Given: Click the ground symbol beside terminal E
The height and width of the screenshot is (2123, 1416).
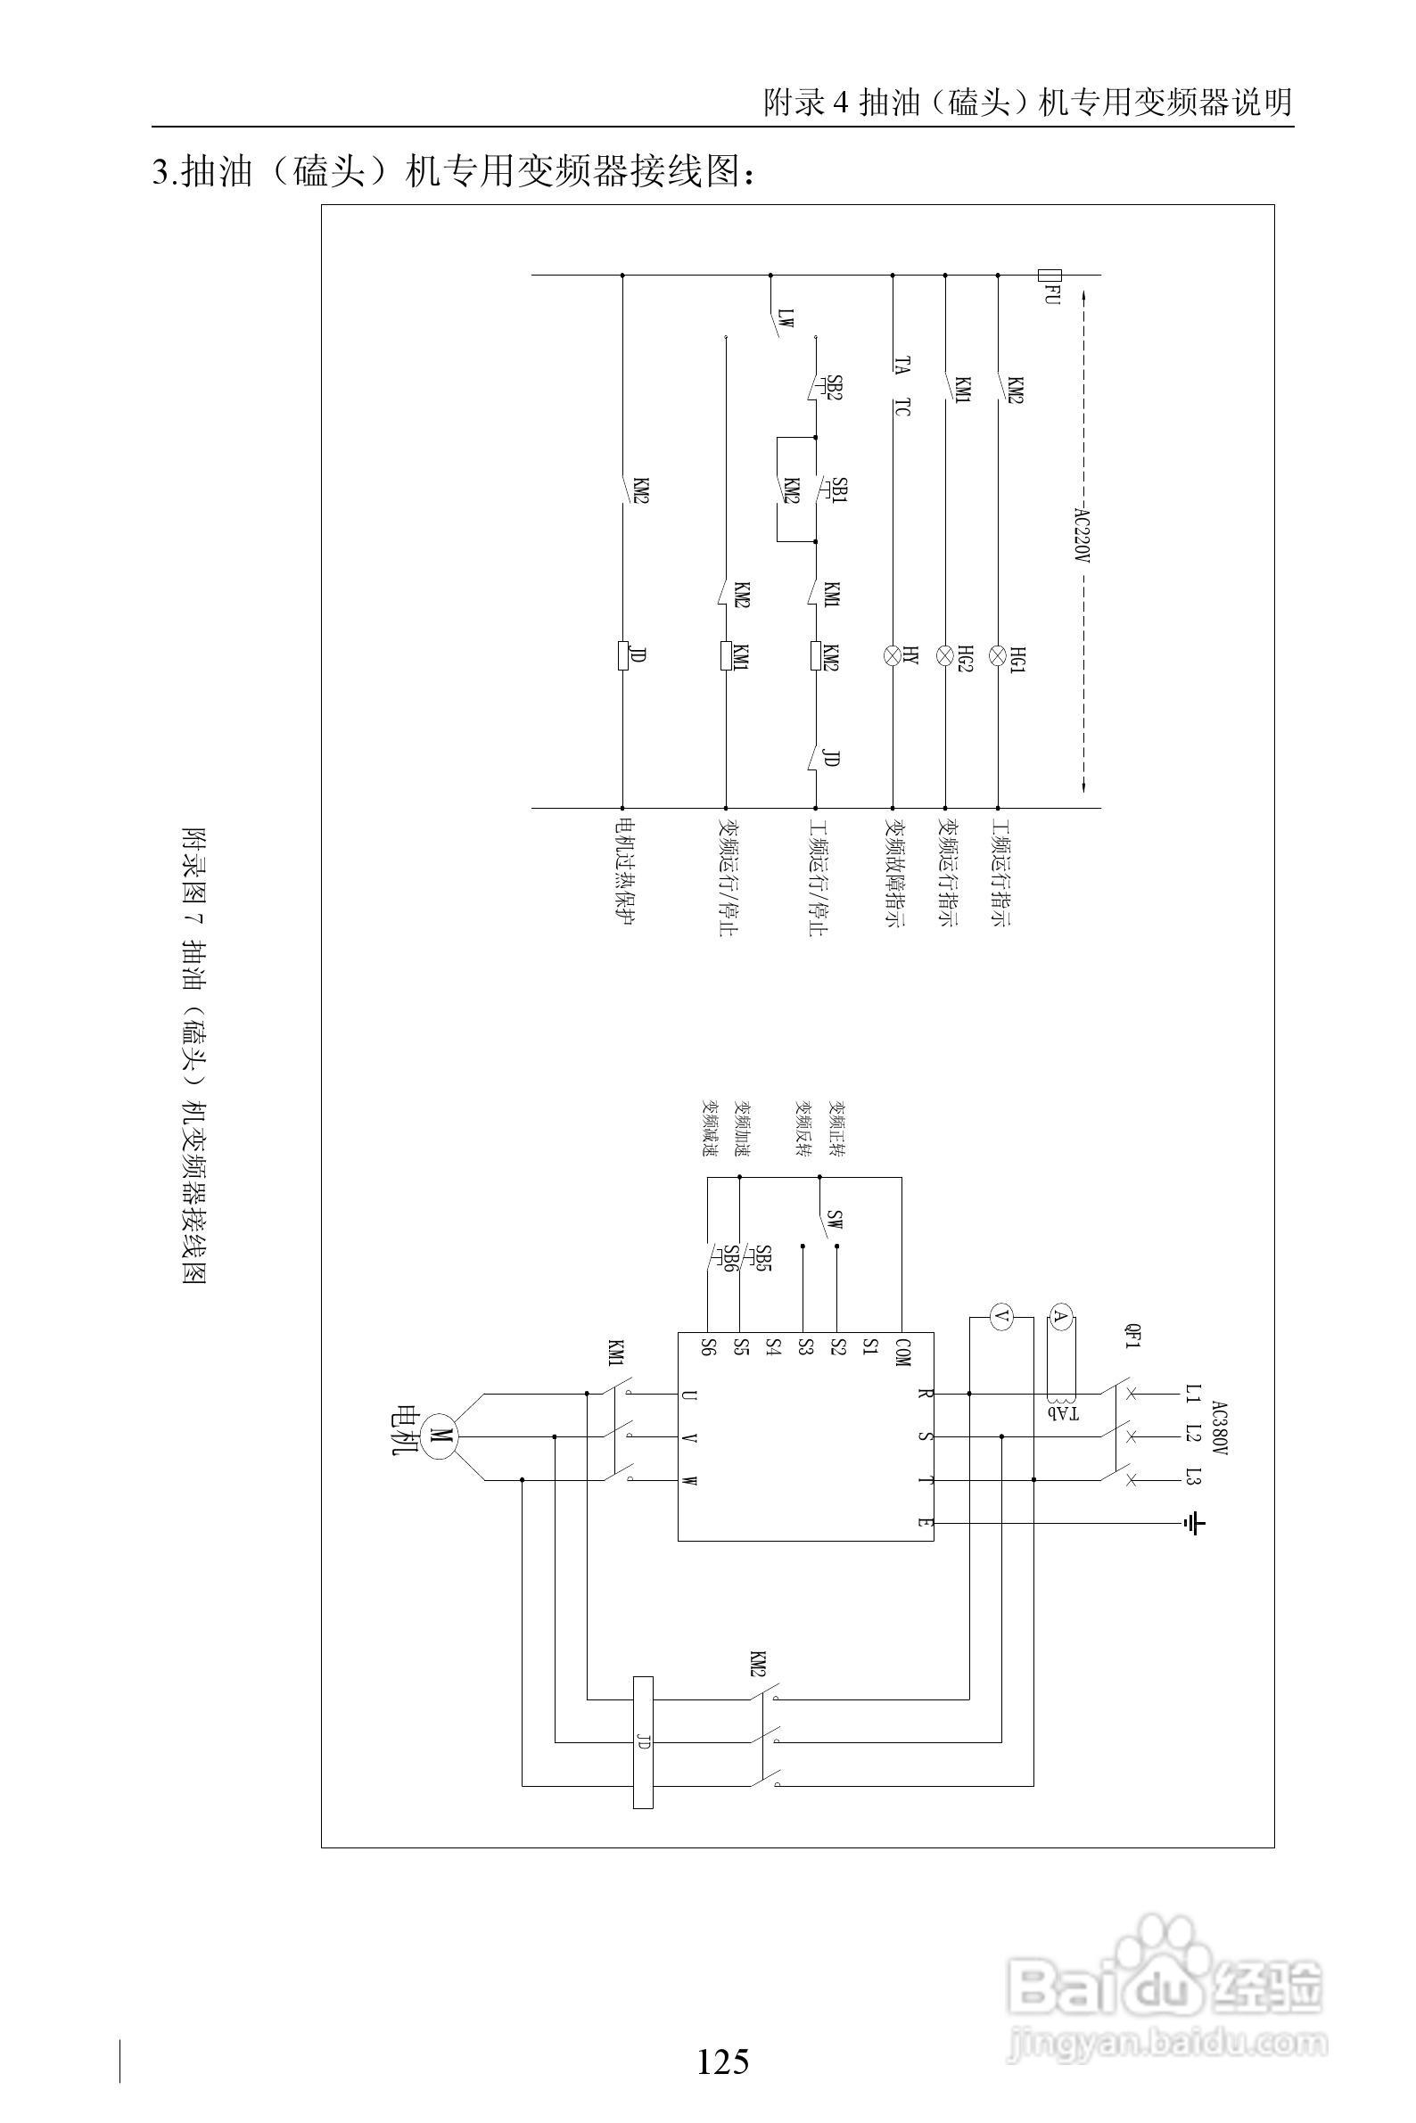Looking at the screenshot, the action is pyautogui.click(x=1194, y=1525).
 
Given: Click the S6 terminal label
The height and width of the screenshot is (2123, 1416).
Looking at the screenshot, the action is pyautogui.click(x=708, y=1347).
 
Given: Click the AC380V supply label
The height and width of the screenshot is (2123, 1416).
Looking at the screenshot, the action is pyautogui.click(x=1220, y=1428).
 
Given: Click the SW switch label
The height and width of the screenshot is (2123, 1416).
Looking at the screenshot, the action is pyautogui.click(x=836, y=1222).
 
